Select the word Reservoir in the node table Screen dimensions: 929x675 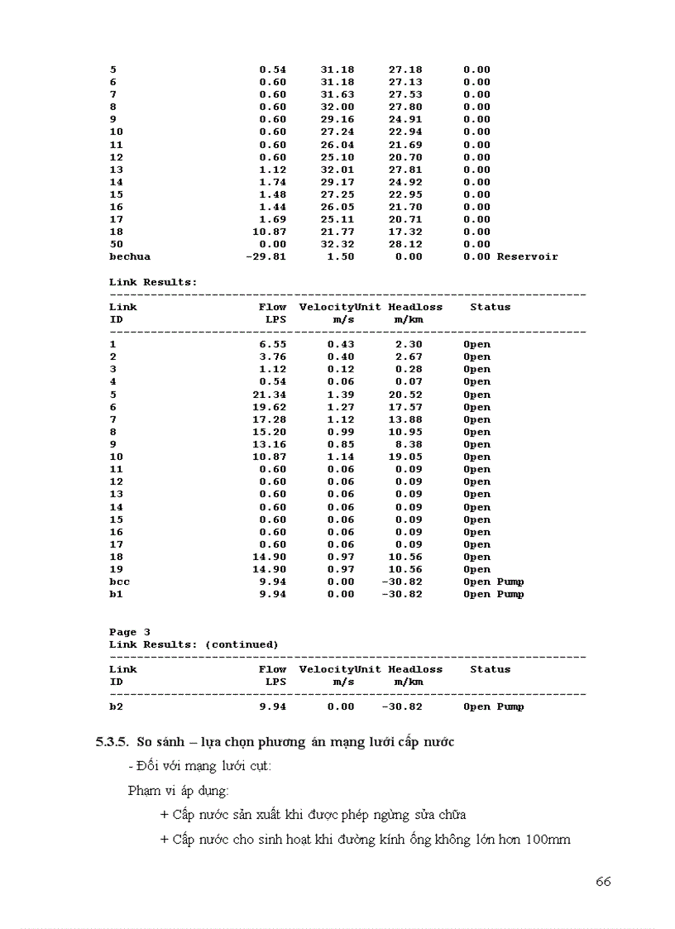[x=527, y=256]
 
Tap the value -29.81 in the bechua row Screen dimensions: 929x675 [x=266, y=256]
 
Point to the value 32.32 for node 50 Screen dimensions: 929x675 [x=337, y=244]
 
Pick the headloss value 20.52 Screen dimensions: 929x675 [x=405, y=395]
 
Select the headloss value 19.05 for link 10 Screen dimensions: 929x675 [x=405, y=457]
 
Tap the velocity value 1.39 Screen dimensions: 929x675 [x=340, y=395]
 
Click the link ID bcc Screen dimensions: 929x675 [x=119, y=582]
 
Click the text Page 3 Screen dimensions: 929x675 [x=130, y=632]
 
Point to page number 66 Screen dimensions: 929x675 [x=603, y=881]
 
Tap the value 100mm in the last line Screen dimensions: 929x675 [x=548, y=839]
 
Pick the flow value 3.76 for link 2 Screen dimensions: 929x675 [x=272, y=357]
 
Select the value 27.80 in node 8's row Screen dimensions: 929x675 [x=405, y=107]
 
